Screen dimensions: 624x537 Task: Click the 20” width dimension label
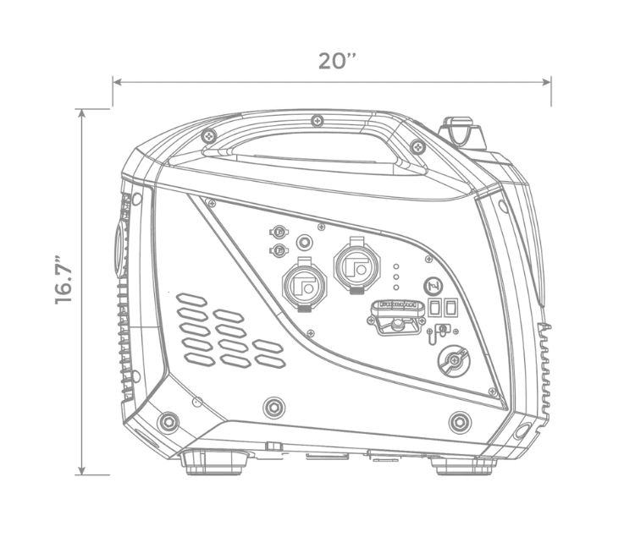click(x=337, y=61)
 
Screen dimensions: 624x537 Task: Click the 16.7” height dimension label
click(x=64, y=279)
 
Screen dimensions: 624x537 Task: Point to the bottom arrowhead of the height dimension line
click(x=81, y=470)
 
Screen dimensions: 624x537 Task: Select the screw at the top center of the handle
click(x=318, y=120)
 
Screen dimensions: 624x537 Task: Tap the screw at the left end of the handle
click(x=208, y=137)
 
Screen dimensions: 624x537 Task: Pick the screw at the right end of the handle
click(x=417, y=147)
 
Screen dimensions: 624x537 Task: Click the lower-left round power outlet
click(x=305, y=284)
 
